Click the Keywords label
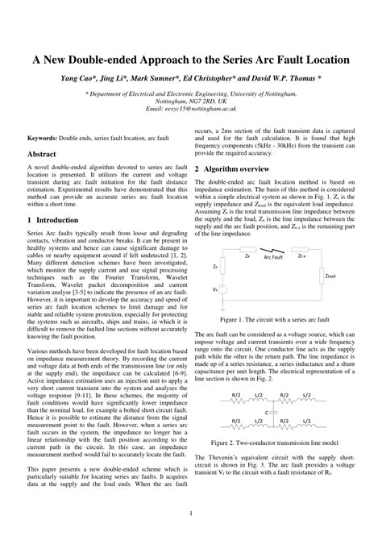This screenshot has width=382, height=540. [45, 139]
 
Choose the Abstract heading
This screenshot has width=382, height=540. [43, 152]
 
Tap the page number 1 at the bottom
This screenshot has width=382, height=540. [190, 513]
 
